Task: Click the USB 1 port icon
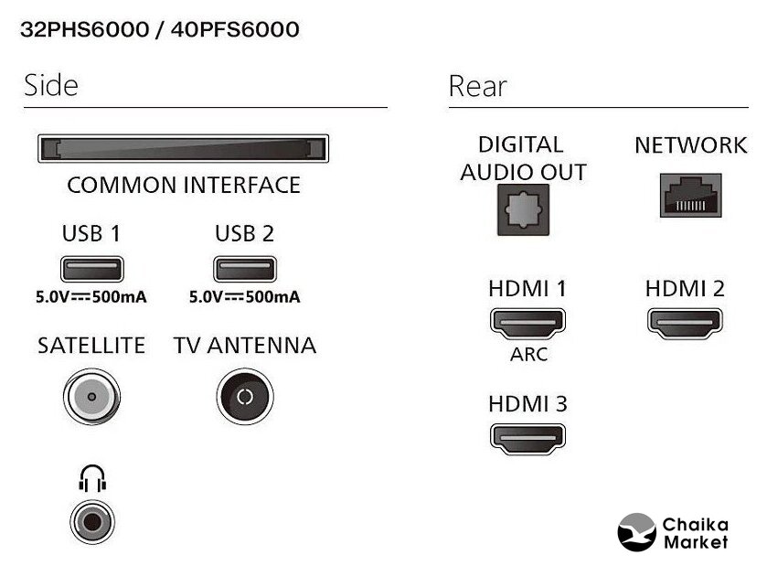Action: pyautogui.click(x=91, y=269)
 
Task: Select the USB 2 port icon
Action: pyautogui.click(x=244, y=269)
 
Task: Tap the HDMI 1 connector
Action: pyautogui.click(x=527, y=322)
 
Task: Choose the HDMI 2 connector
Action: pyautogui.click(x=685, y=322)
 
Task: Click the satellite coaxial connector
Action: pyautogui.click(x=91, y=397)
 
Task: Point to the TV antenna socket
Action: pyautogui.click(x=244, y=397)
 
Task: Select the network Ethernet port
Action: pyautogui.click(x=690, y=195)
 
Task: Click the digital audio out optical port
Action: pyautogui.click(x=522, y=209)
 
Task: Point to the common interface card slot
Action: pyautogui.click(x=183, y=148)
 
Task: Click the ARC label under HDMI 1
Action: pyautogui.click(x=528, y=355)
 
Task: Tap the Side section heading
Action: pyautogui.click(x=51, y=86)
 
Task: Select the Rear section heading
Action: pyautogui.click(x=477, y=87)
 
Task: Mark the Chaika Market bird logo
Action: pyautogui.click(x=637, y=532)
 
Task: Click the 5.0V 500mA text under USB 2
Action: pyautogui.click(x=244, y=297)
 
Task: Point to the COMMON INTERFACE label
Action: pyautogui.click(x=184, y=186)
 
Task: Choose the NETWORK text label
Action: pyautogui.click(x=690, y=145)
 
